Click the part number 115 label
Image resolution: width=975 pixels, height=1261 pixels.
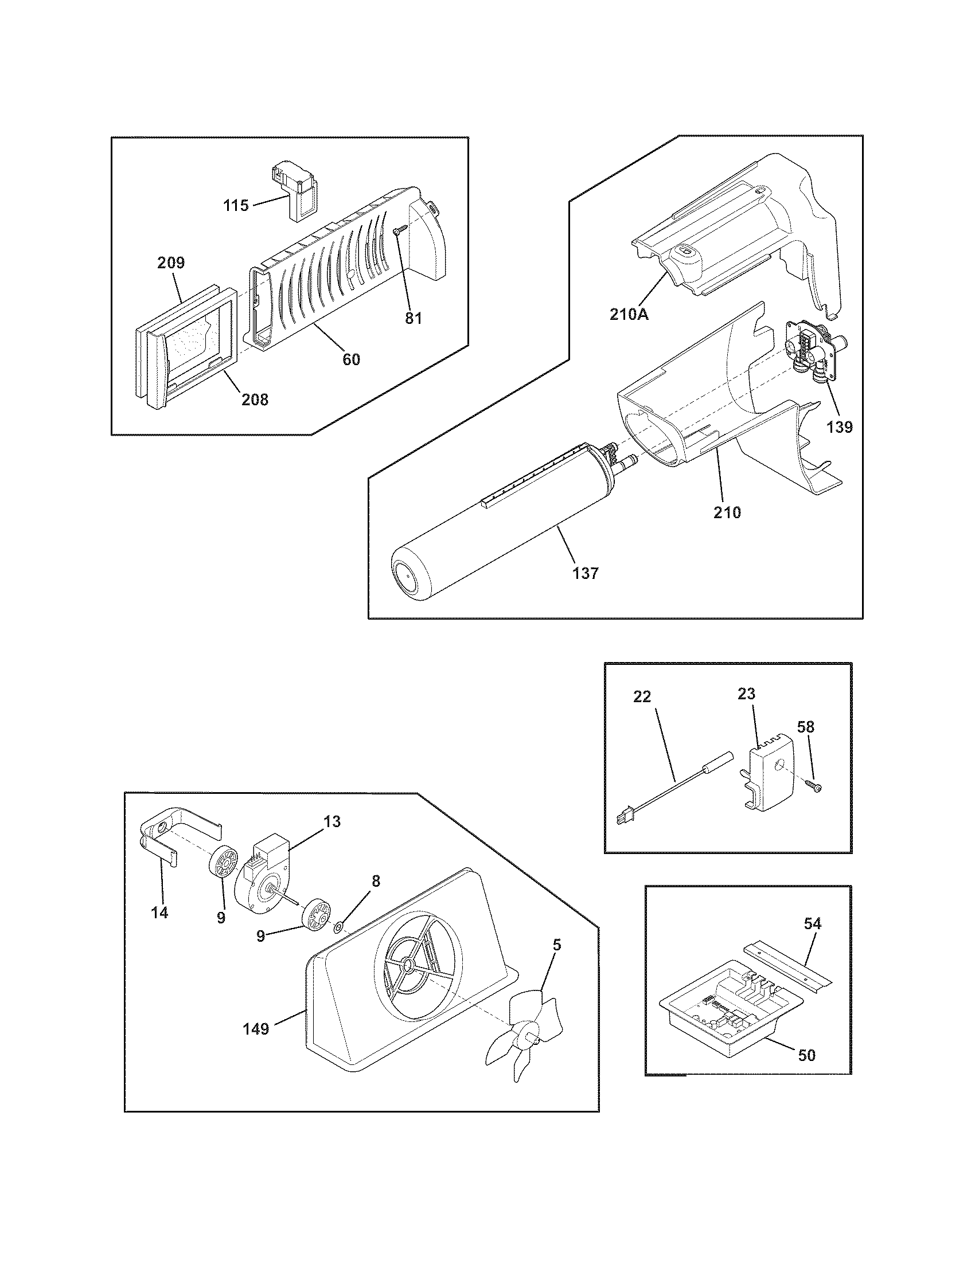click(236, 205)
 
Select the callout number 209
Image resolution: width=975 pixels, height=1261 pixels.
click(171, 263)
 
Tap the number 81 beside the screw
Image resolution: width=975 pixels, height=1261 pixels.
click(413, 318)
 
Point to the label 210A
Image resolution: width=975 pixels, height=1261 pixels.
click(629, 315)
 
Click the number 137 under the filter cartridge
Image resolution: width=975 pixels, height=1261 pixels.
click(586, 573)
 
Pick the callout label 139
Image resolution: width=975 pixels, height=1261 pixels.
click(839, 426)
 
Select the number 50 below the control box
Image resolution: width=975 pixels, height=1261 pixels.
click(806, 1055)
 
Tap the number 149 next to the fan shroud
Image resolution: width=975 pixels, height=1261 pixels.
click(256, 1028)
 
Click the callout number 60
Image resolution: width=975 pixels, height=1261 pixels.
click(351, 359)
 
